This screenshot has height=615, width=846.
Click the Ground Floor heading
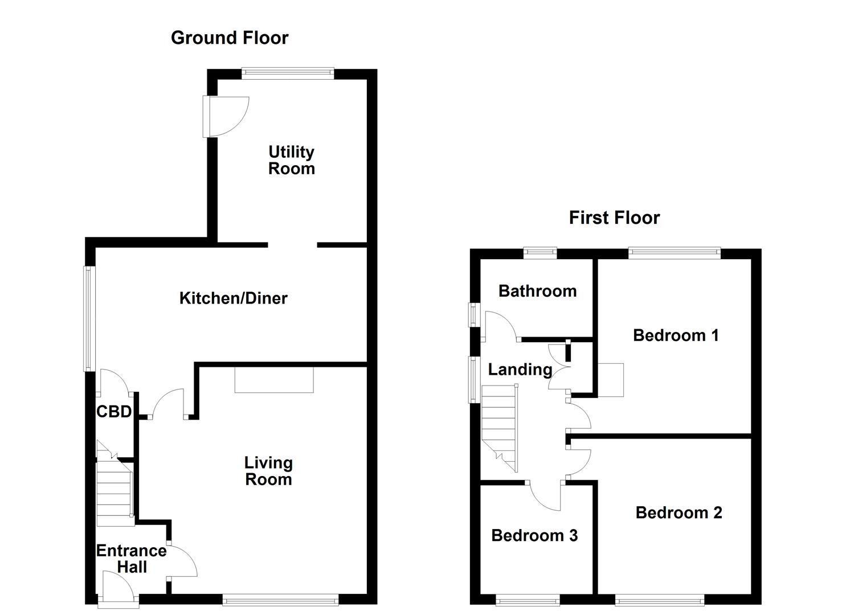pyautogui.click(x=230, y=38)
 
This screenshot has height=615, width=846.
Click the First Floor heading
pyautogui.click(x=614, y=218)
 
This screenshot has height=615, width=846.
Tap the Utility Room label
pyautogui.click(x=291, y=160)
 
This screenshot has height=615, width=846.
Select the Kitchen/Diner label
pyautogui.click(x=233, y=298)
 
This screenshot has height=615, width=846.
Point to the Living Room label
pyautogui.click(x=268, y=471)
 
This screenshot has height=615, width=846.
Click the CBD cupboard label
pyautogui.click(x=114, y=412)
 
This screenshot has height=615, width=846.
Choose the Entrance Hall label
pyautogui.click(x=131, y=559)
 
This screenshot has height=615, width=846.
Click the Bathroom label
pyautogui.click(x=537, y=291)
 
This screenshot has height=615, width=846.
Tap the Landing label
pyautogui.click(x=520, y=370)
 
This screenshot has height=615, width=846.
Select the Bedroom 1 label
pyautogui.click(x=676, y=335)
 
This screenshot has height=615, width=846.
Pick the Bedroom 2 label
pyautogui.click(x=679, y=512)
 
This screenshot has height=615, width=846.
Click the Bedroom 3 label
pyautogui.click(x=534, y=535)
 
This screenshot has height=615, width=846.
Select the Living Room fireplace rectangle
pyautogui.click(x=274, y=380)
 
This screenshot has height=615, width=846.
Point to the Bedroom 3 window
pyautogui.click(x=528, y=600)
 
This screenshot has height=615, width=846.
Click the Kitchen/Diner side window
pyautogui.click(x=89, y=319)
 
